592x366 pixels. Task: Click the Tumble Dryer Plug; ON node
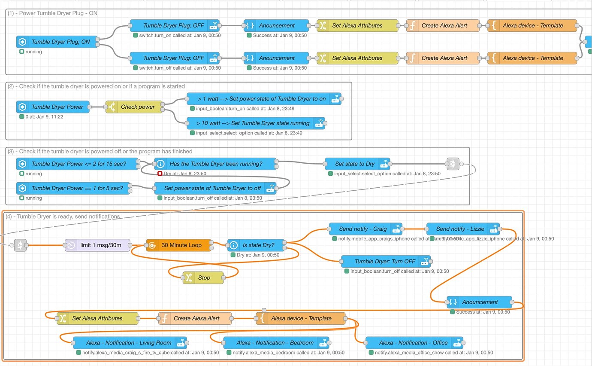pos(57,42)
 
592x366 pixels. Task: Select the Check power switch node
pos(136,107)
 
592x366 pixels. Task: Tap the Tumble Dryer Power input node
pos(53,107)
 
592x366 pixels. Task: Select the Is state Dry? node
pos(257,245)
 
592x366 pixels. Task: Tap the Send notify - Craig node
pos(365,229)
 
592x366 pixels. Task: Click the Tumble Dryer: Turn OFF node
pos(386,261)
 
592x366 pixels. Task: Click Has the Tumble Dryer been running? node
pos(216,164)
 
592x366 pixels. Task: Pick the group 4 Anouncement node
pos(479,302)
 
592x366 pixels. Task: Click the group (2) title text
pos(96,86)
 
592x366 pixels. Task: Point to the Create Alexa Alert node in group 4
pos(195,318)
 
